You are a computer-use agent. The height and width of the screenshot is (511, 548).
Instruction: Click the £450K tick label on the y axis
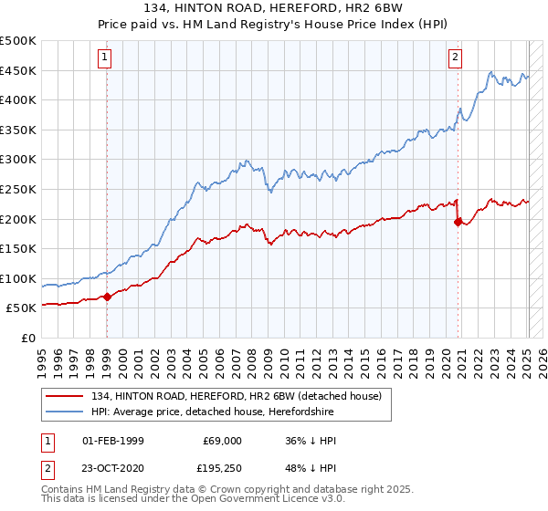[x=18, y=70]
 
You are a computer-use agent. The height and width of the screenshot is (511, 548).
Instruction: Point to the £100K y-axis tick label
[x=18, y=278]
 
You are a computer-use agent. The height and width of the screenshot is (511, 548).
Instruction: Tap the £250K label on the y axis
[x=18, y=189]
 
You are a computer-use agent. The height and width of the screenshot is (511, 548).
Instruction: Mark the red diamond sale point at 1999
[x=107, y=297]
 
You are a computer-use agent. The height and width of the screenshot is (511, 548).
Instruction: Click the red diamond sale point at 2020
[x=458, y=221]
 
